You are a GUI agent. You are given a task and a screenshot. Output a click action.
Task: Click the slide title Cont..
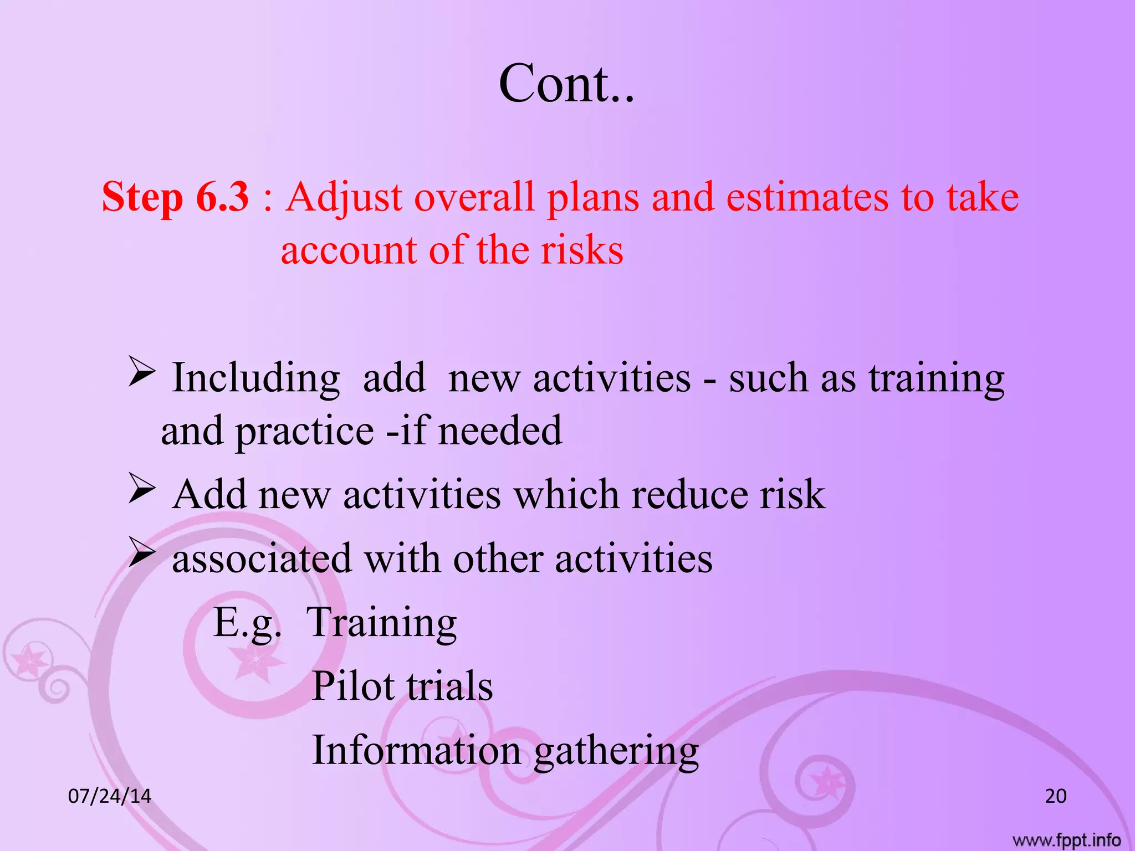[566, 84]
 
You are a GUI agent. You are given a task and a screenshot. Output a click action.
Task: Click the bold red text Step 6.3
[176, 197]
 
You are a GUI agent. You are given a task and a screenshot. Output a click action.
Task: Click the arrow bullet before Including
[141, 372]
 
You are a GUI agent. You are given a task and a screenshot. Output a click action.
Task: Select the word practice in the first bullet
[305, 431]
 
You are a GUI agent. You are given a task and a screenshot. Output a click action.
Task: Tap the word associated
[262, 558]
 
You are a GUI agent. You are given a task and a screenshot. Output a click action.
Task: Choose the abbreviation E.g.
[247, 623]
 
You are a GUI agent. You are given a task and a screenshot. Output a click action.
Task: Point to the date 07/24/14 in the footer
[110, 796]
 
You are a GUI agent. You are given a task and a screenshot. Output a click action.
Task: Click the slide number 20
[1056, 796]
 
